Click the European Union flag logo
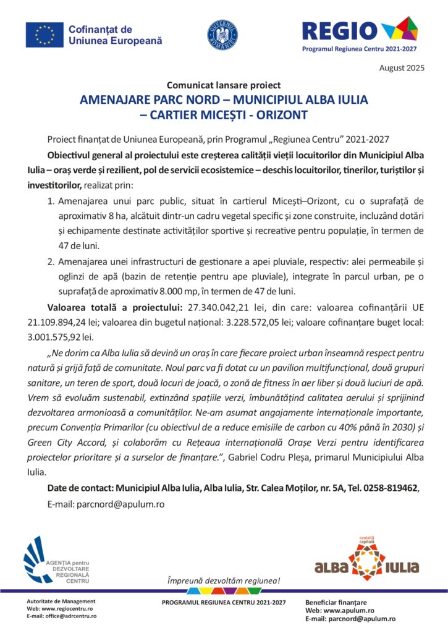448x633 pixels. (44, 35)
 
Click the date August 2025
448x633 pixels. (402, 68)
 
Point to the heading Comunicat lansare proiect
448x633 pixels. (224, 85)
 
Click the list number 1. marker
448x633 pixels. (51, 202)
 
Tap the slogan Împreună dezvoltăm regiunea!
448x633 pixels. (224, 580)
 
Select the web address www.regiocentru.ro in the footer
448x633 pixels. (70, 608)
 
